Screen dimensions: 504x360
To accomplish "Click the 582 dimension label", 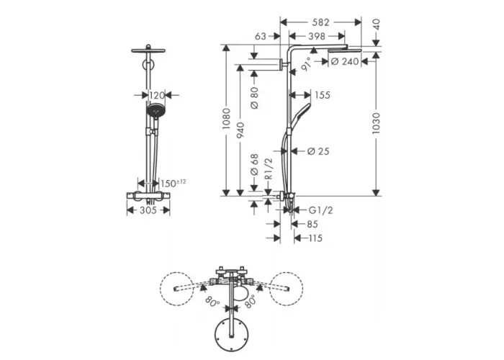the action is click(x=321, y=22).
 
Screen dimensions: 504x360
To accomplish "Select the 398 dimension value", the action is click(x=317, y=36).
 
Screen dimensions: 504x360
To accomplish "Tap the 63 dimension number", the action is click(x=261, y=36).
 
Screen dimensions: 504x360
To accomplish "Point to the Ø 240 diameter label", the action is click(x=345, y=61).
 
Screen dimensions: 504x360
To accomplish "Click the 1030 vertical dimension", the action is click(x=376, y=123).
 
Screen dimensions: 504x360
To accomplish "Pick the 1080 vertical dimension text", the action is click(x=226, y=119).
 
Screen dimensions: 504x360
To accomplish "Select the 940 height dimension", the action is click(x=240, y=130).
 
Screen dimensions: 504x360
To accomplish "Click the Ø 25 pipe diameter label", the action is click(x=318, y=151).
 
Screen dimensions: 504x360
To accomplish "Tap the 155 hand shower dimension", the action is click(x=323, y=95).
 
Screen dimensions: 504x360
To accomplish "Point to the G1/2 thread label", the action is click(x=321, y=210).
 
